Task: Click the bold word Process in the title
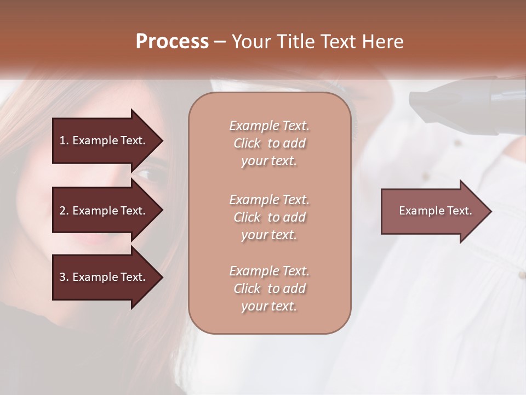point(172,42)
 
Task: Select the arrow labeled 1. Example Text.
point(104,140)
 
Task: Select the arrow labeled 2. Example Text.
point(104,211)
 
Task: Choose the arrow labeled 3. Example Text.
point(104,277)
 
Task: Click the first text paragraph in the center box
point(269,143)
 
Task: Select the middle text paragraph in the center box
point(269,217)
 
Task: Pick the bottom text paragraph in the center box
point(269,289)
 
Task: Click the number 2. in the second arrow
point(64,211)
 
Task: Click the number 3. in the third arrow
point(64,277)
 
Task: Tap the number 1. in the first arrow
point(64,140)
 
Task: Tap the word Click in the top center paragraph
point(247,144)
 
